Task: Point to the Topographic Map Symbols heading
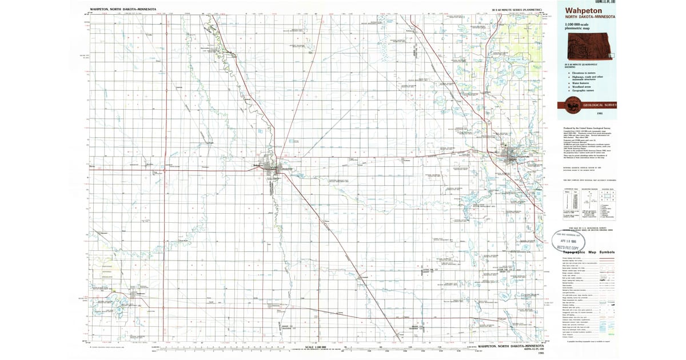point(589,252)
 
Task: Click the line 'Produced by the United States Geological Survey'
point(589,128)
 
